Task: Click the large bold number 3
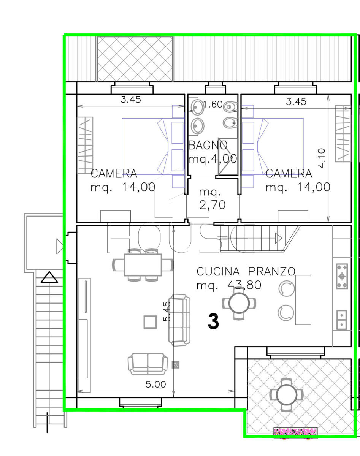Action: pos(213,321)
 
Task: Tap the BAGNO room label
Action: pos(208,146)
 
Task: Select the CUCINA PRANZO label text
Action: pos(246,271)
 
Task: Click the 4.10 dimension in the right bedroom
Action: pos(321,158)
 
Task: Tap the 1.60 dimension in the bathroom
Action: pos(213,104)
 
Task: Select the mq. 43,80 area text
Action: pos(229,285)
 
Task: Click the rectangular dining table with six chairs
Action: pos(143,264)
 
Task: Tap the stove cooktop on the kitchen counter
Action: pos(342,276)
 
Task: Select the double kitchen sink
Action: pos(341,320)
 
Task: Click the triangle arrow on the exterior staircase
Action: pos(49,277)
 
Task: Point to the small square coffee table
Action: pos(150,322)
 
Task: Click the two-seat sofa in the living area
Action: pos(148,364)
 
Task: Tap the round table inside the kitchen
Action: pos(239,303)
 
